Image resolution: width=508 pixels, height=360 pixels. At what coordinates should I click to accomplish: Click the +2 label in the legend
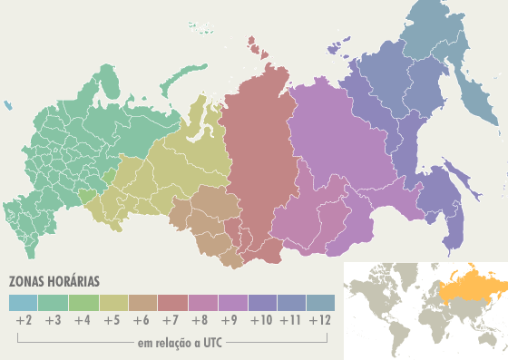click(x=24, y=320)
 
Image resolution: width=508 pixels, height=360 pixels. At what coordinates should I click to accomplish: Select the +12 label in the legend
click(x=319, y=320)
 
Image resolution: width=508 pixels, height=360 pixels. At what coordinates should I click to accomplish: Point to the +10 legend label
click(x=261, y=320)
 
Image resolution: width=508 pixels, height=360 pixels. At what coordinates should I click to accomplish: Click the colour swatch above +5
click(x=112, y=303)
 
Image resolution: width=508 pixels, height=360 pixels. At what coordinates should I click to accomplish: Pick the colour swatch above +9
click(x=231, y=303)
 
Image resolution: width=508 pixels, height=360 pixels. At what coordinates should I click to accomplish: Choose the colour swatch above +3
click(x=53, y=303)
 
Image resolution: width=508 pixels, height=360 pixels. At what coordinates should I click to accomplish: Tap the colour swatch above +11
click(x=290, y=303)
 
